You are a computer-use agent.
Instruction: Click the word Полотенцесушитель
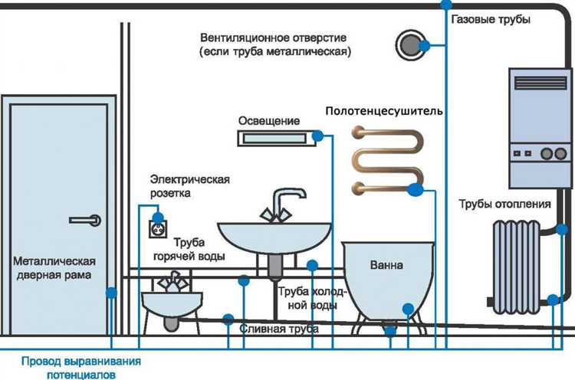coord(384,111)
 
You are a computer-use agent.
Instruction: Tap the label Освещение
coord(268,121)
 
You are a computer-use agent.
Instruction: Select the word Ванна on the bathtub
coord(386,265)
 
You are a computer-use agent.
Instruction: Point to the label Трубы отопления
coord(504,204)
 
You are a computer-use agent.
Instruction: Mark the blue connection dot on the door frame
coord(112,292)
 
